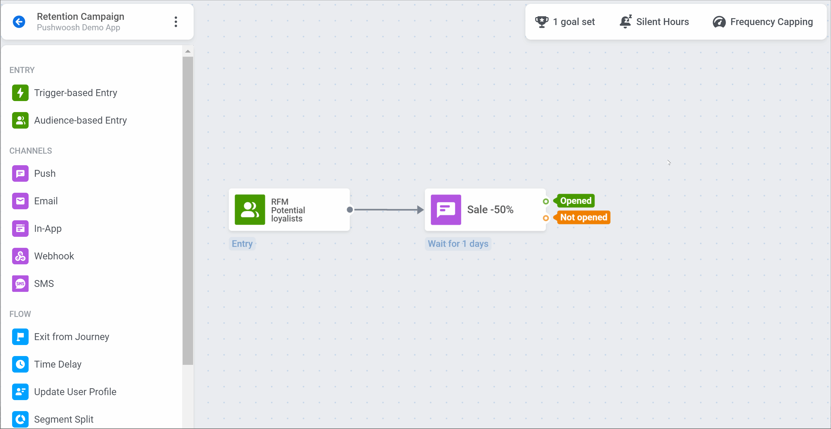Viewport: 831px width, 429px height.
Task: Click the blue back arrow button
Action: point(19,22)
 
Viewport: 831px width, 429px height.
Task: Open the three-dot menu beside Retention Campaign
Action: point(176,22)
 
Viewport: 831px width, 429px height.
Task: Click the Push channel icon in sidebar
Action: point(20,173)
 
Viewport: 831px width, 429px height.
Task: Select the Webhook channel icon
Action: point(20,256)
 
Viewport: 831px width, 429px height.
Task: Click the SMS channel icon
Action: point(20,283)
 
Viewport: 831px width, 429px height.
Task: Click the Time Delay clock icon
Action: point(20,364)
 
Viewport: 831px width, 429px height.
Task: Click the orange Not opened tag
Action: point(582,217)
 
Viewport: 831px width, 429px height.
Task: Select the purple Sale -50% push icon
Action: point(446,210)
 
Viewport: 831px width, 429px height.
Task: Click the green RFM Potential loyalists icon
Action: point(250,210)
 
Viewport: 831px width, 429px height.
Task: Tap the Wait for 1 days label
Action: point(458,244)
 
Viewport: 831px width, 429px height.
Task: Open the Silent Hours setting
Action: point(654,22)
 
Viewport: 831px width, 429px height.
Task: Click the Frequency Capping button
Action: point(763,22)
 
